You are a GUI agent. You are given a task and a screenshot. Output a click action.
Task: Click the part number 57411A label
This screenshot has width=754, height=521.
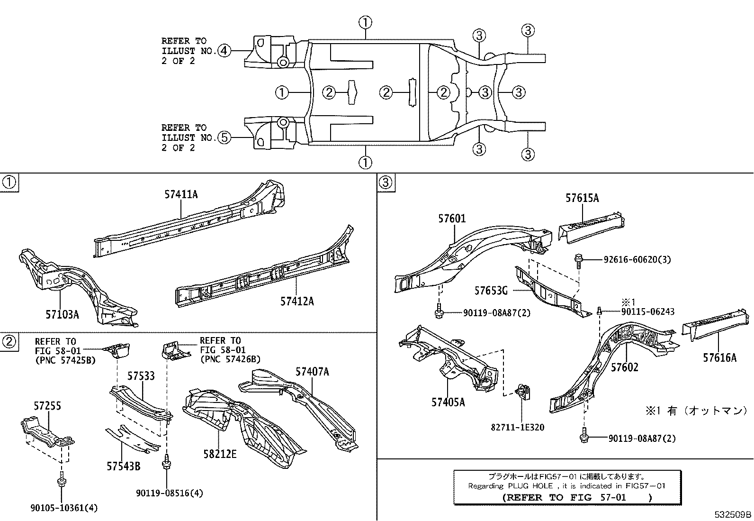click(181, 194)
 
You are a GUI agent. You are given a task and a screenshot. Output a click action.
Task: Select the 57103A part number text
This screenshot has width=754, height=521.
click(62, 314)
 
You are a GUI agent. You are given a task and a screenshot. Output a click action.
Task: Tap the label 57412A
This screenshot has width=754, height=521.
click(296, 301)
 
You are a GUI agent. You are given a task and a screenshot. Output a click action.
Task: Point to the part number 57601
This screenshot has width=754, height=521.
click(451, 219)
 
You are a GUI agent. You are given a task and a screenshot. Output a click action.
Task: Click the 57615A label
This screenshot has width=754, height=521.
click(582, 198)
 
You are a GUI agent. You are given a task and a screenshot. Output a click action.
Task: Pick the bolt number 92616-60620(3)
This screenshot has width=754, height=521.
click(637, 260)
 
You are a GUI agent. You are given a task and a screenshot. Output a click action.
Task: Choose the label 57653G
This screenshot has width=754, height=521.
click(491, 290)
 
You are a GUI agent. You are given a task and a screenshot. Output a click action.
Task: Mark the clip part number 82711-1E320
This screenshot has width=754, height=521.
click(517, 427)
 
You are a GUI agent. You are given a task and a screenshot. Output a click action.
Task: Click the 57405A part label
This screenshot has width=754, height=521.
click(448, 402)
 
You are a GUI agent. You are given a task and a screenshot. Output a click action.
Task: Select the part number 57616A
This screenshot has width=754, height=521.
click(719, 358)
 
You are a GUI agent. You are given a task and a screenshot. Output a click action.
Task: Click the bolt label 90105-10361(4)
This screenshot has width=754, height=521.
click(64, 508)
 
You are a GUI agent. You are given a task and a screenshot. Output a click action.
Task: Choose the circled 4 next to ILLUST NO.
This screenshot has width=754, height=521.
click(224, 51)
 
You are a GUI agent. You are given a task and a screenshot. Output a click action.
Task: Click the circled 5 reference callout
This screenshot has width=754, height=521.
click(224, 137)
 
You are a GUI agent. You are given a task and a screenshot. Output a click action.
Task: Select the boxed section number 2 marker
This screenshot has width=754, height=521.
click(9, 341)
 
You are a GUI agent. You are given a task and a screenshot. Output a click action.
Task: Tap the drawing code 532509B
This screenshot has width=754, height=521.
click(733, 514)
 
